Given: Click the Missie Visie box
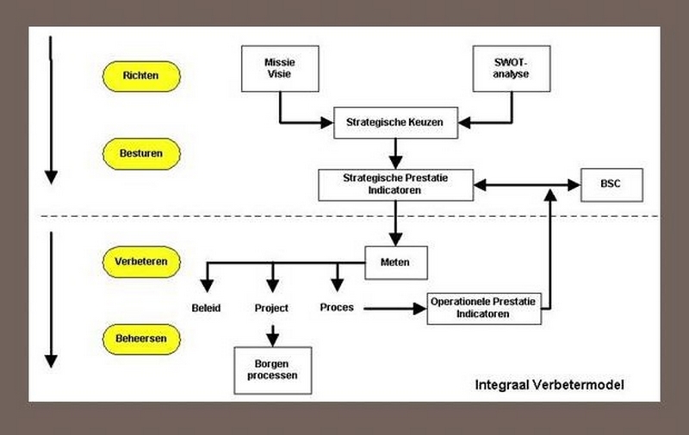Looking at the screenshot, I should [279, 68].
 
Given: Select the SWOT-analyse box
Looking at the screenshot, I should [512, 68].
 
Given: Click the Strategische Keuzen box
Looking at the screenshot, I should [394, 122].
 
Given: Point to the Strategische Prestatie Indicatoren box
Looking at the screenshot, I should [395, 184].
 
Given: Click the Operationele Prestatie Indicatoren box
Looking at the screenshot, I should [484, 308].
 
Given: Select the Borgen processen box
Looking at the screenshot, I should [272, 370].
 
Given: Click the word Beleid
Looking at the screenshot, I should [207, 308].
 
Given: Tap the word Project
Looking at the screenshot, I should [271, 308].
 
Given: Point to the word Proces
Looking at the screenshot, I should [337, 307].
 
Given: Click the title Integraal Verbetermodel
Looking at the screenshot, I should [549, 385].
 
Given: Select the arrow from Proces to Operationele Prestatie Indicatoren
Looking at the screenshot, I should [392, 307].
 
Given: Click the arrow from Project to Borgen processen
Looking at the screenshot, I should [272, 332].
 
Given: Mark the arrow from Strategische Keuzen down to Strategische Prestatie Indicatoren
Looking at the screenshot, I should [395, 152].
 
